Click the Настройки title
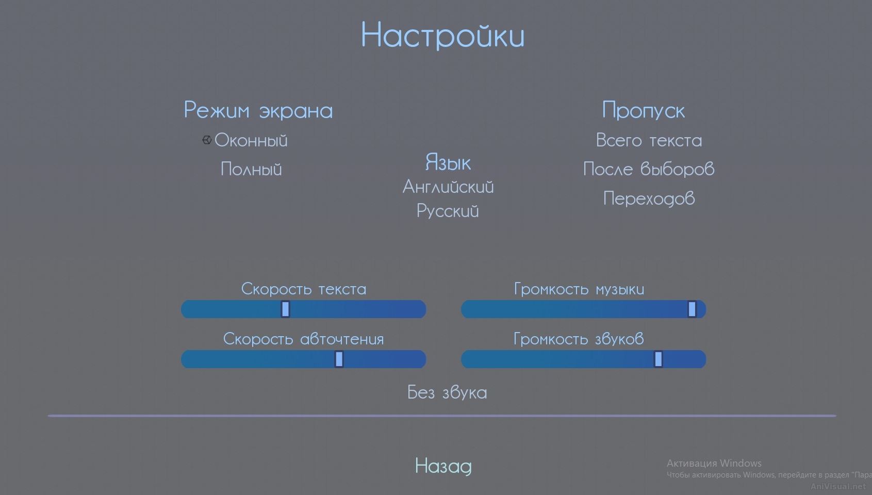(442, 36)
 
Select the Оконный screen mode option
(251, 140)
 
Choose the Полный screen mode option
(251, 169)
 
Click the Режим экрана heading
(258, 110)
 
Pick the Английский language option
(448, 187)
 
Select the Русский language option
(448, 211)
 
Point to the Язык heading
(448, 162)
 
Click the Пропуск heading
(644, 110)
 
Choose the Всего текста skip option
(649, 140)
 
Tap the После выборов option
(649, 169)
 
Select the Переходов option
(649, 198)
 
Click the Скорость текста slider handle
(285, 309)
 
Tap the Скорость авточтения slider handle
(339, 359)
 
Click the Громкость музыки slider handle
(692, 309)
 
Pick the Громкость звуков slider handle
(659, 359)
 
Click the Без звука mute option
(447, 392)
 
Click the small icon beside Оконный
(207, 140)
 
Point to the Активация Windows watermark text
(714, 463)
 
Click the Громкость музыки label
(579, 289)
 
